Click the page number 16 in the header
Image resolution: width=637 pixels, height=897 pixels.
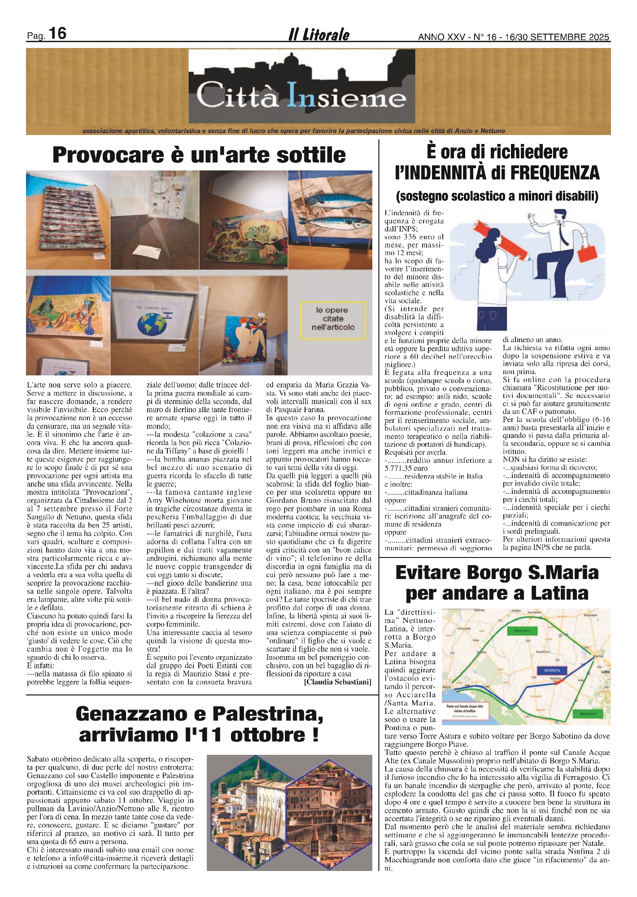point(57,34)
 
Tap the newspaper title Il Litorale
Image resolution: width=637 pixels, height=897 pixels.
point(318,35)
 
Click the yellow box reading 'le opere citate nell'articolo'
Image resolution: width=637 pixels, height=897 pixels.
point(333,318)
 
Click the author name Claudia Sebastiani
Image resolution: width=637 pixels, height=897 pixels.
point(337,682)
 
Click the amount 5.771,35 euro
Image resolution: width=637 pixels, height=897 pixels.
point(406,468)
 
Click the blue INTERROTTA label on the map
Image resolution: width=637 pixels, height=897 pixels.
point(551,670)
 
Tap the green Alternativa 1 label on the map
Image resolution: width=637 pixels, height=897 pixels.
point(523,631)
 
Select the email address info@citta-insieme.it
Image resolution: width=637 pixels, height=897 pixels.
point(93,858)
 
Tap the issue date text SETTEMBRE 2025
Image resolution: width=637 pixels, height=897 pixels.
point(570,37)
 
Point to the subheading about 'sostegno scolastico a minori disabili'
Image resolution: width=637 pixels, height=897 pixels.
point(497,196)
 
